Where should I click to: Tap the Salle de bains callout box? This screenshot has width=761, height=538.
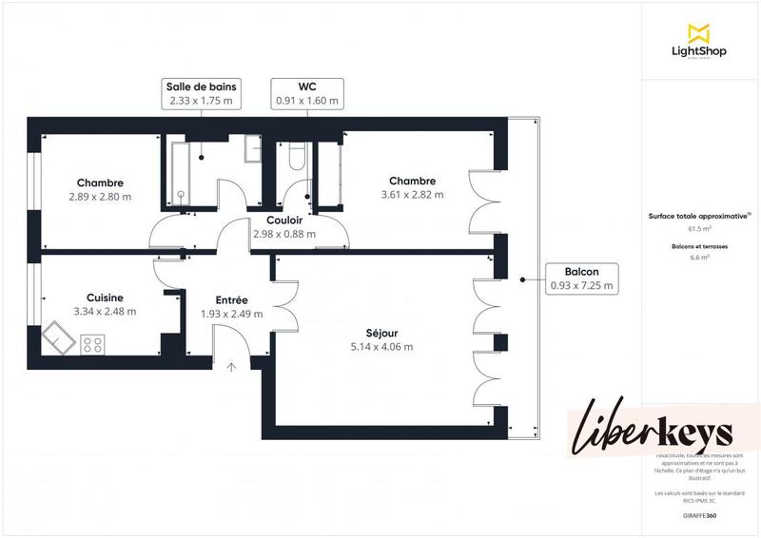click(200, 92)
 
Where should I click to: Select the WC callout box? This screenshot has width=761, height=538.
click(306, 92)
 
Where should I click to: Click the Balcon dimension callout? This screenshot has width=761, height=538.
click(580, 279)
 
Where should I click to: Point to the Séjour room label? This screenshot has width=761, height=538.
click(381, 334)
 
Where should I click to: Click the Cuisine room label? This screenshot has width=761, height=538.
click(105, 298)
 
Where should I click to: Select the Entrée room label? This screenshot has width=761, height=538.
click(231, 300)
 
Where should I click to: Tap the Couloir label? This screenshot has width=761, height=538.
click(284, 220)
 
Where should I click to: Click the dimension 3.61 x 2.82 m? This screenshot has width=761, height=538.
click(412, 195)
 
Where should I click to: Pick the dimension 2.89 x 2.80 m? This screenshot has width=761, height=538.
click(100, 197)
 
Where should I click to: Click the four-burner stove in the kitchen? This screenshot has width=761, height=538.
click(92, 343)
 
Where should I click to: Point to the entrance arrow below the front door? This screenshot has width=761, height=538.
click(230, 366)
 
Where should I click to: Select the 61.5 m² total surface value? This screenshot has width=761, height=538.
click(699, 229)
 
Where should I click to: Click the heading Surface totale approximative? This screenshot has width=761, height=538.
click(699, 216)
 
